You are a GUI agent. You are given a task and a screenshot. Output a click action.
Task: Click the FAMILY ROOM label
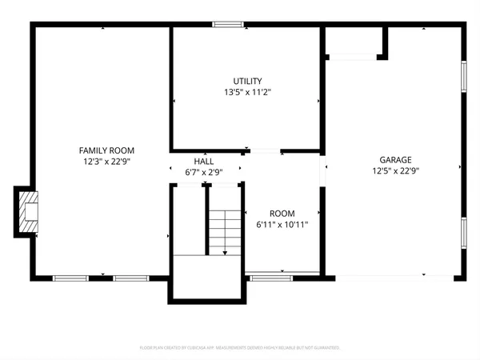point(106,150)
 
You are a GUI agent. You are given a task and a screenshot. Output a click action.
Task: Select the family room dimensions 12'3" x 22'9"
point(106,161)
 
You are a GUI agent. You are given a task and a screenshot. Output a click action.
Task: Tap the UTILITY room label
point(247,82)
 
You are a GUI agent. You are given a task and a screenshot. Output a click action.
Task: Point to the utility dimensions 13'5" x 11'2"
point(247,92)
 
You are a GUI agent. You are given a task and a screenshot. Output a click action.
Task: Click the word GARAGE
point(395,160)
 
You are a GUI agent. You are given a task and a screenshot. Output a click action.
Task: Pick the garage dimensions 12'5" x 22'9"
point(395,170)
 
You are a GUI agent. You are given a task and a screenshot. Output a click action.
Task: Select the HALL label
point(203,162)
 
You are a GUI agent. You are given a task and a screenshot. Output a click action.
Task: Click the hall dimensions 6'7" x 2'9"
point(203,172)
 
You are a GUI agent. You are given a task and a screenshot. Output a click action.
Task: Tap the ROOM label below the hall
point(282,214)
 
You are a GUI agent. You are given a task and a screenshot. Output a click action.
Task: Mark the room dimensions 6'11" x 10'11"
point(282,225)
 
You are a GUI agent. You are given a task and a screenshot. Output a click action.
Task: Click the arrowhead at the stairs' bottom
point(225,252)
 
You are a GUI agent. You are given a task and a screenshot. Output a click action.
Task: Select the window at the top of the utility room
point(228,25)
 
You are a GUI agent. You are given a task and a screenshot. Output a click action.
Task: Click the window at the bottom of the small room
point(271,278)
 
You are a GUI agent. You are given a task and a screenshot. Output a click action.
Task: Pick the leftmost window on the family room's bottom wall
point(70,278)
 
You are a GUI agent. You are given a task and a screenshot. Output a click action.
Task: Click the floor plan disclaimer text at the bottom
point(240,348)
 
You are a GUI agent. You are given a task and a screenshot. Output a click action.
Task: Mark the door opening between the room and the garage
point(324,171)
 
